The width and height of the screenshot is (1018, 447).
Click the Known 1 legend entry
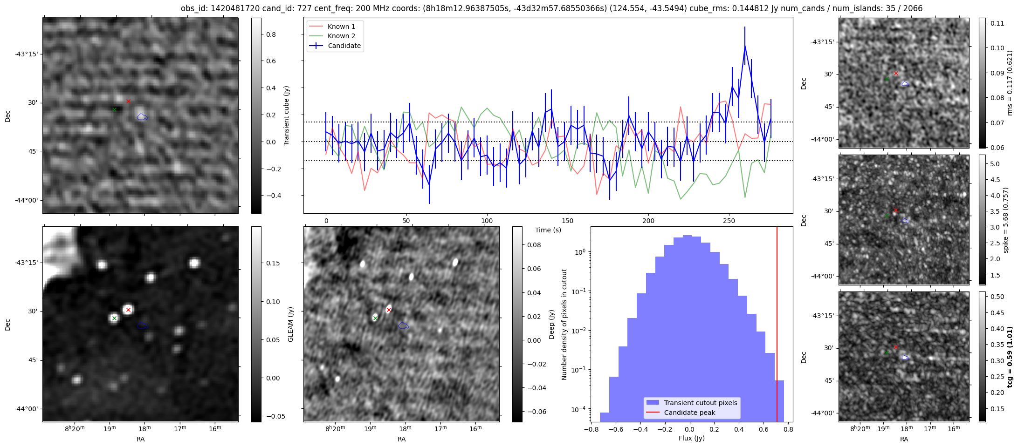click(341, 27)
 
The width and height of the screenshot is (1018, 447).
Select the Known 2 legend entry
click(341, 36)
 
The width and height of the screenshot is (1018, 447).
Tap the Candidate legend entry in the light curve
click(344, 46)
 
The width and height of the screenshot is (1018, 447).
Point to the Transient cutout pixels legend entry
click(701, 403)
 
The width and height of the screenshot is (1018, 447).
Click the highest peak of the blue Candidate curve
click(745, 46)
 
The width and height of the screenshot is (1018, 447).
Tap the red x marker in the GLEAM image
click(129, 310)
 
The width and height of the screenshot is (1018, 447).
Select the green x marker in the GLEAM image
click(115, 318)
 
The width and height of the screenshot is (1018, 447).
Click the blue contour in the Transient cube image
click(142, 117)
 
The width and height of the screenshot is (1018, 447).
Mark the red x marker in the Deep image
click(389, 310)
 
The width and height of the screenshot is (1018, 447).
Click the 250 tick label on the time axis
click(729, 221)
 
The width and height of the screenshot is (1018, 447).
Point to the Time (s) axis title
click(548, 230)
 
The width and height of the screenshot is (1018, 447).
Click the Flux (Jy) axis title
click(692, 438)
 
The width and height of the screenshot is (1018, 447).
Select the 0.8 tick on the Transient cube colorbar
click(271, 34)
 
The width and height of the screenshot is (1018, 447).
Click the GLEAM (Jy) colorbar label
click(290, 324)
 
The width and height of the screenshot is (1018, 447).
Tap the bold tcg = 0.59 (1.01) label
click(1010, 357)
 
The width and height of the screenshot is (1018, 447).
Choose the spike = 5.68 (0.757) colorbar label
click(1005, 220)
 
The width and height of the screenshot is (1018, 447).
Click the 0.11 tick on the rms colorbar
click(997, 23)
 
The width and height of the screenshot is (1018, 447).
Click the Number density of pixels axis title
click(564, 324)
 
